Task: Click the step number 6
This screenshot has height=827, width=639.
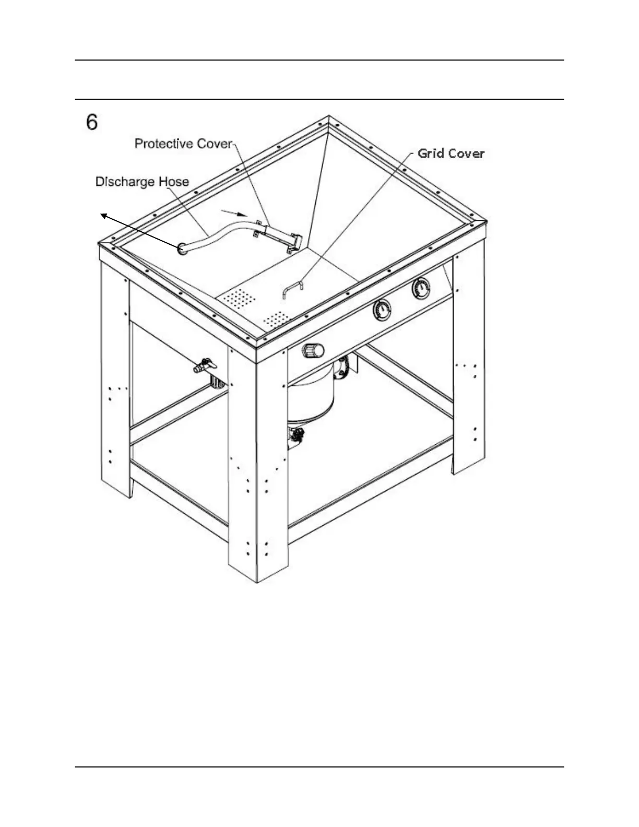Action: [x=92, y=122]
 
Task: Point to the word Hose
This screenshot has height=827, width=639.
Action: [x=173, y=182]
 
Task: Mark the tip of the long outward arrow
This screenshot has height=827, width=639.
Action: [x=101, y=213]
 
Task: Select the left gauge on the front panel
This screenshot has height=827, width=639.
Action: [x=384, y=311]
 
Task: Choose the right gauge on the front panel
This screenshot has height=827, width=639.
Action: [x=422, y=289]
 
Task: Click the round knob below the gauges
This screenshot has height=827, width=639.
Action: [x=313, y=350]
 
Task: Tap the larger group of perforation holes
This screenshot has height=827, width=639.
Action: [x=239, y=297]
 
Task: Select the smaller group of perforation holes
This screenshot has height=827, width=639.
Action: [x=275, y=317]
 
